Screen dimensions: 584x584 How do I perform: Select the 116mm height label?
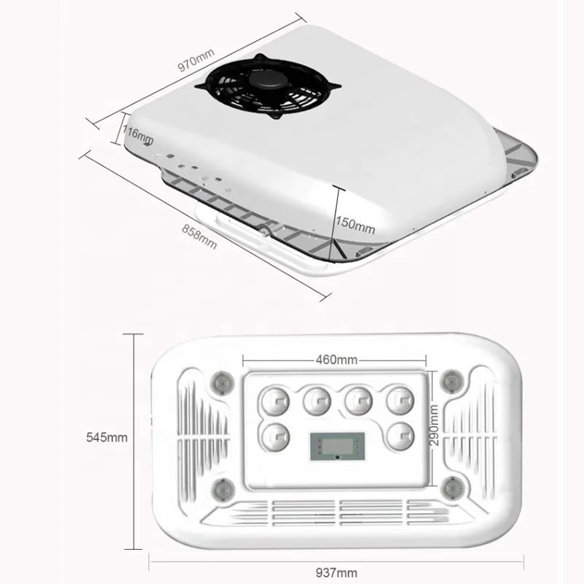coord(137,134)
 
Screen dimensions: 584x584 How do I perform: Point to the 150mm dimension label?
coord(356,225)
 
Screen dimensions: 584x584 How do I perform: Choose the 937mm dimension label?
coord(337,572)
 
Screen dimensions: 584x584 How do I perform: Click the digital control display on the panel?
coord(337,445)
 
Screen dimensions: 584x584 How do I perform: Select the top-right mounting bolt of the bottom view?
coord(452,380)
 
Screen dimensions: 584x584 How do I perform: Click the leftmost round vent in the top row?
coord(274,400)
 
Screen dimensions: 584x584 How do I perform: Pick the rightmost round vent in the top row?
coord(400,400)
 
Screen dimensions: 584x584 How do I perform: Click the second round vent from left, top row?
coord(317,400)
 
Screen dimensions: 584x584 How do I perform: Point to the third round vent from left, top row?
coord(358,400)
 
